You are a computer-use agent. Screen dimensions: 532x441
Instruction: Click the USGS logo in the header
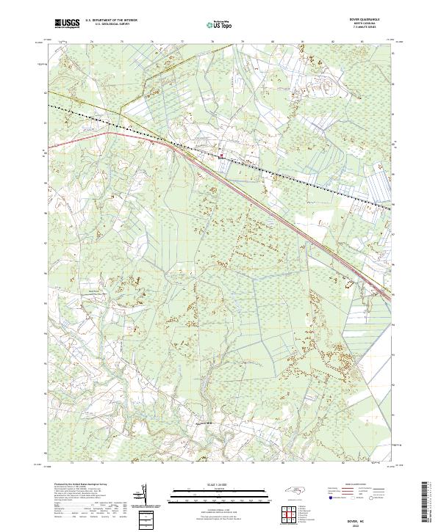pos(67,23)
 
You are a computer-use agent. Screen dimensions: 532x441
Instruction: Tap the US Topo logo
pos(220,24)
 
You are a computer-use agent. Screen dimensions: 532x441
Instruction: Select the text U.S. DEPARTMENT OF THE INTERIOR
pos(110,21)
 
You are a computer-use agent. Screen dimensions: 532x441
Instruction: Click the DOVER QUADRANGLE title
pos(367,21)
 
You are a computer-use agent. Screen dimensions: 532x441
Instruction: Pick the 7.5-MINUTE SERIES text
pos(367,28)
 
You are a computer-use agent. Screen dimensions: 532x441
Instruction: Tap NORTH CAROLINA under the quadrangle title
pos(367,24)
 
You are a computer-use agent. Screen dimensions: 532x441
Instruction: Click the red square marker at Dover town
pos(222,154)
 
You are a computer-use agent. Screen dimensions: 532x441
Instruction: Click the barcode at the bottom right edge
pos(427,503)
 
